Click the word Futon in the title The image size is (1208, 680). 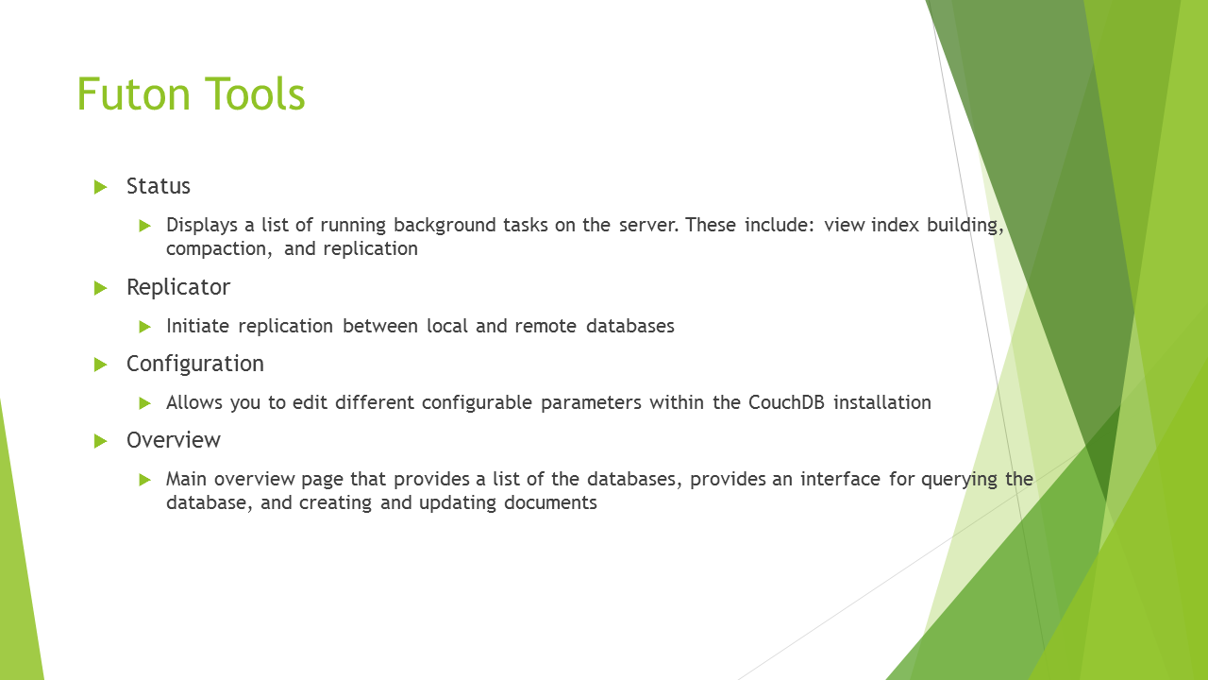(134, 93)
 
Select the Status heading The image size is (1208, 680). (158, 186)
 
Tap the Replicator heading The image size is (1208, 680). (178, 287)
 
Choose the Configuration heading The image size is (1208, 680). (195, 365)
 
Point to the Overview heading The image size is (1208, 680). (173, 440)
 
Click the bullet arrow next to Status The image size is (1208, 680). (100, 187)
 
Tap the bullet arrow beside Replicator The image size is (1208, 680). (100, 288)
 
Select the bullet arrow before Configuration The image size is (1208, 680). (100, 365)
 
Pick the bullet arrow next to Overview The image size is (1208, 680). (100, 441)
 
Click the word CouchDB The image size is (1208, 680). (786, 402)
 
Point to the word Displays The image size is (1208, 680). (202, 226)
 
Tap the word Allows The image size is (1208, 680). (194, 402)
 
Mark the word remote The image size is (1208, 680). (545, 327)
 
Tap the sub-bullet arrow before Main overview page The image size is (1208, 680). (144, 480)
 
